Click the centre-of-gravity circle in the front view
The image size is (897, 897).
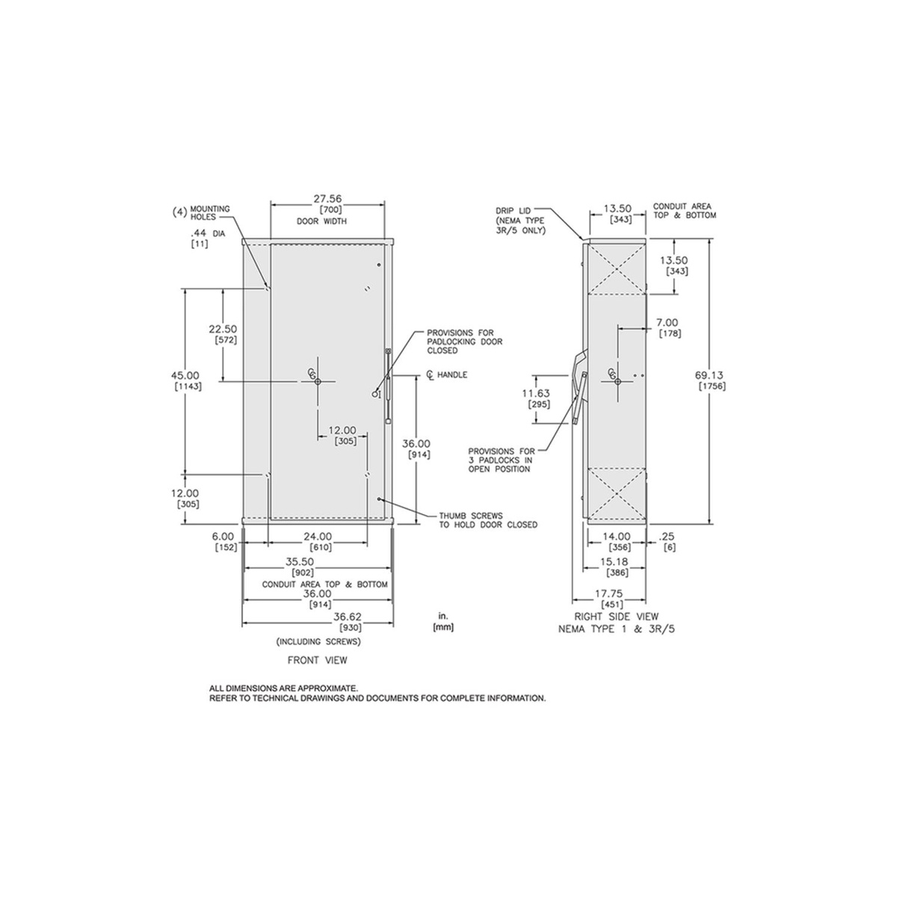click(318, 381)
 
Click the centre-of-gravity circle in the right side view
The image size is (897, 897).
click(617, 381)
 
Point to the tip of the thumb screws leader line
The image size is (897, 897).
click(380, 499)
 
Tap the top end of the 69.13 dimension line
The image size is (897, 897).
click(710, 238)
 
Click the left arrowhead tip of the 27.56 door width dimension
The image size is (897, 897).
click(271, 204)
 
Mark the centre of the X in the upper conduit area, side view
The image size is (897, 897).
click(617, 268)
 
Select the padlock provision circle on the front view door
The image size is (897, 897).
click(374, 395)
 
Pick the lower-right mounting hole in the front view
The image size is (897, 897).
click(367, 475)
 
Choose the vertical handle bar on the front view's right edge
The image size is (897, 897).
click(388, 386)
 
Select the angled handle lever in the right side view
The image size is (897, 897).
click(581, 398)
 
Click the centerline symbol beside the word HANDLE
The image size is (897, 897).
click(430, 375)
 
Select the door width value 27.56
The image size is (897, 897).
click(327, 199)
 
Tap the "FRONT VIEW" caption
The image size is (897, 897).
click(318, 660)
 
